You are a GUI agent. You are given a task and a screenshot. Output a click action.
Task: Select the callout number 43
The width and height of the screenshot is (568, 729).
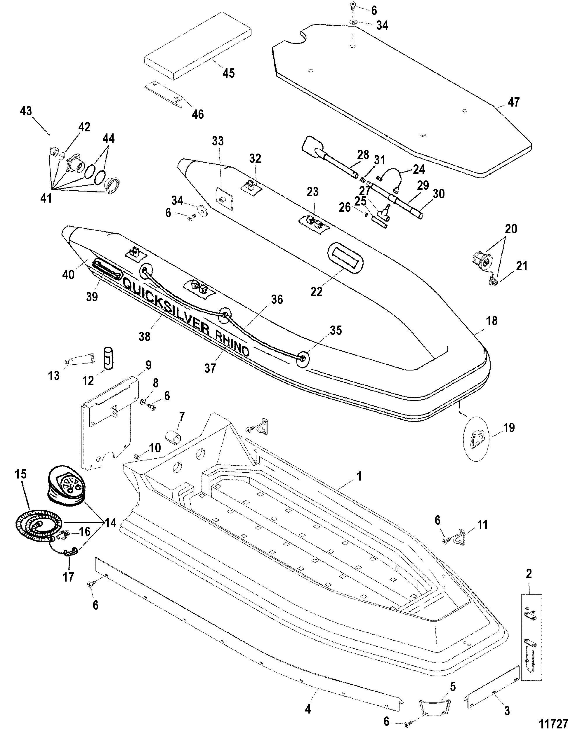pyautogui.click(x=26, y=111)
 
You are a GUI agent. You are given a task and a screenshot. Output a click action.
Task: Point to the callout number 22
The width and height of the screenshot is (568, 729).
pyautogui.click(x=317, y=291)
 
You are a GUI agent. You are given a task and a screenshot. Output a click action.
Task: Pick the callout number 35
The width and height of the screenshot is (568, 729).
pyautogui.click(x=335, y=330)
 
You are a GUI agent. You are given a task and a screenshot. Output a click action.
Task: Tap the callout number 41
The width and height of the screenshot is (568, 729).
pyautogui.click(x=46, y=198)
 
